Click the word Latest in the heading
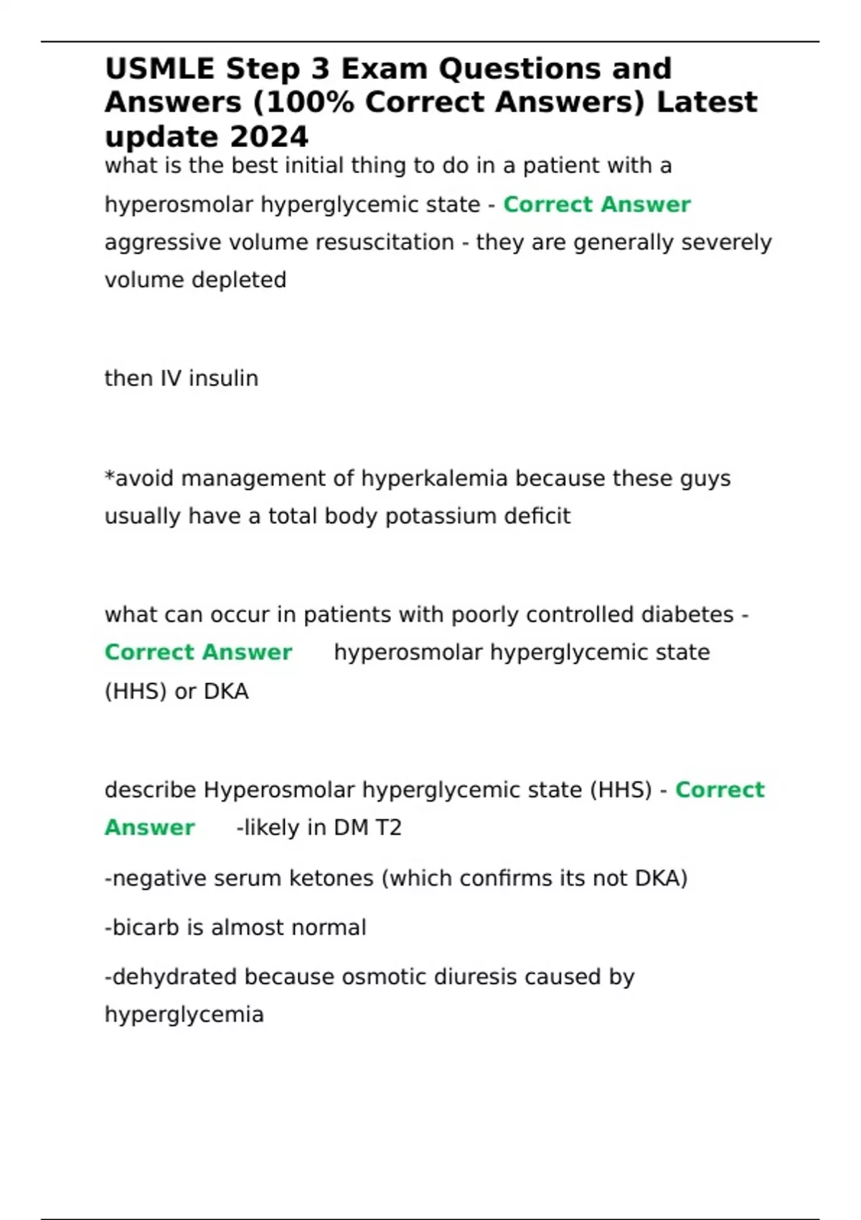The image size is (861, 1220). pyautogui.click(x=707, y=103)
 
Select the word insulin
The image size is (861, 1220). pyautogui.click(x=223, y=378)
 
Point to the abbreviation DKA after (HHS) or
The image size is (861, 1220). pyautogui.click(x=226, y=692)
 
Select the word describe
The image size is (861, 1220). pyautogui.click(x=150, y=790)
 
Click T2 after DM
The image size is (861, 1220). pyautogui.click(x=388, y=828)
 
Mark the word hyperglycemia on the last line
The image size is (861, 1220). pyautogui.click(x=184, y=1015)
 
